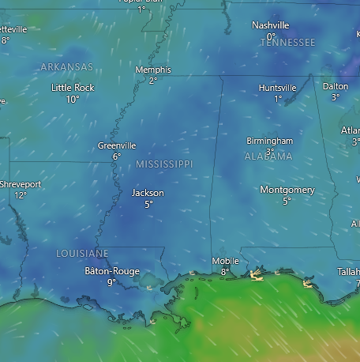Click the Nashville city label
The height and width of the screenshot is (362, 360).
(x=270, y=25)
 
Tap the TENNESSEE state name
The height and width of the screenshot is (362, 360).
(x=287, y=42)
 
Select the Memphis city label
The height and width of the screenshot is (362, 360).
(x=152, y=70)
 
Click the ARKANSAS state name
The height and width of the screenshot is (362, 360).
(x=66, y=67)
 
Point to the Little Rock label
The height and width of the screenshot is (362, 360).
(x=73, y=88)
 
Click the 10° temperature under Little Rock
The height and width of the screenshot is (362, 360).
(x=73, y=100)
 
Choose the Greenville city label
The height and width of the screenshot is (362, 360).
(x=117, y=145)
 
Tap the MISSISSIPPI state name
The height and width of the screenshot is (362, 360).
(x=164, y=164)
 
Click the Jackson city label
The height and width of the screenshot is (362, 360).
(x=148, y=193)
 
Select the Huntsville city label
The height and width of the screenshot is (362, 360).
(x=278, y=88)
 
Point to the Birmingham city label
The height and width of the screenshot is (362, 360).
(x=269, y=141)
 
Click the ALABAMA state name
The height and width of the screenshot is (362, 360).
(x=268, y=156)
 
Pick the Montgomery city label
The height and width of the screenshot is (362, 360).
(x=287, y=190)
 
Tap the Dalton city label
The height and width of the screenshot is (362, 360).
(x=336, y=86)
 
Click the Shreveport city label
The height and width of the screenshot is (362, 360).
(x=21, y=184)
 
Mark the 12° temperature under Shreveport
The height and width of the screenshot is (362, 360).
(x=21, y=195)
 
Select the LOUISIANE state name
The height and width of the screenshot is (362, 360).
(x=82, y=253)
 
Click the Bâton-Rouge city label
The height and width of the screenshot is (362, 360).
(x=111, y=271)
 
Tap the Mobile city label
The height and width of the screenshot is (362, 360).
(x=225, y=261)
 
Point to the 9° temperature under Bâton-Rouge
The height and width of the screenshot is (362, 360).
(x=111, y=282)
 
